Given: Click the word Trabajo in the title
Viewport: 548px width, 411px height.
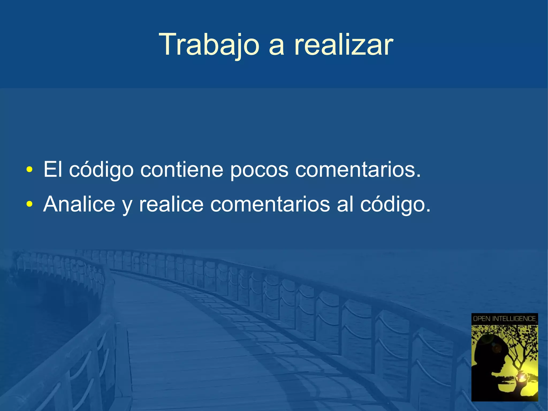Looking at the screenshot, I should point(209,44).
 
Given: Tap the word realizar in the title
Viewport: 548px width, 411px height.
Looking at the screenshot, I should point(344,44).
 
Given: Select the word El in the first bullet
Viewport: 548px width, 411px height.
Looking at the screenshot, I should point(53,169).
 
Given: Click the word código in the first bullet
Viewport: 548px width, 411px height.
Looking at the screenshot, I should point(101,170).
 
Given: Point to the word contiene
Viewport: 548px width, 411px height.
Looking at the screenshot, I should point(182,169).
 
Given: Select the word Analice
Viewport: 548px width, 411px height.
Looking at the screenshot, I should point(79,204).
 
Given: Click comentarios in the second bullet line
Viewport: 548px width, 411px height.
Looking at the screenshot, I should point(270,204).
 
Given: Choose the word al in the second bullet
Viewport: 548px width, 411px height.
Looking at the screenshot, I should point(345,204).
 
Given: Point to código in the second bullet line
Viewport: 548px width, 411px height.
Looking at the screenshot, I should point(395,205).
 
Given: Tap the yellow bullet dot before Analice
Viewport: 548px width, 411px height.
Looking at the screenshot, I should point(29,205).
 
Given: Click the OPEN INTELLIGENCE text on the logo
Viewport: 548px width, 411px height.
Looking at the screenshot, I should point(504,319).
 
